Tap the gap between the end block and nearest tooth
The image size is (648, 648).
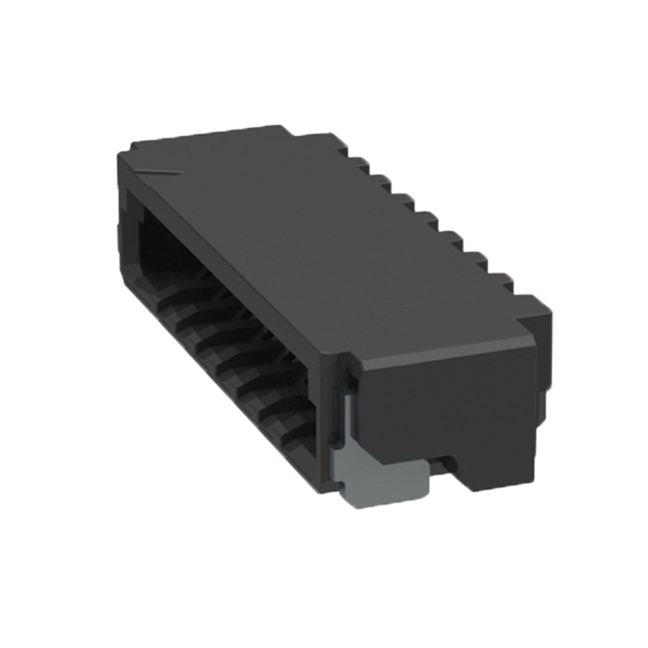[x=515, y=295]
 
